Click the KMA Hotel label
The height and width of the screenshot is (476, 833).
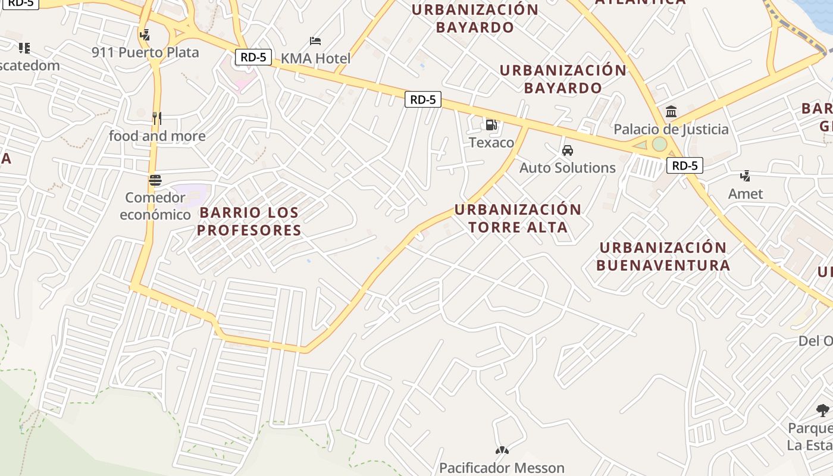coord(315,58)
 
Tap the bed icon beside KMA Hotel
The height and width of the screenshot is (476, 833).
coord(315,41)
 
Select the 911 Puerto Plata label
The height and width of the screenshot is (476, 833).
coord(145,52)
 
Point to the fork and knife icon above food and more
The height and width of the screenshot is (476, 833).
coord(157,118)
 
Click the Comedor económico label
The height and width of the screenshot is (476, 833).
coord(155,206)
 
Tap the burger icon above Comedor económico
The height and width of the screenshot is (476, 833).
coord(155,180)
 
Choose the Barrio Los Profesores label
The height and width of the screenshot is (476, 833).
coord(249,221)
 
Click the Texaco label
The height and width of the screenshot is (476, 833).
coord(491,142)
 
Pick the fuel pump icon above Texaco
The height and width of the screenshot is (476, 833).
coord(491,125)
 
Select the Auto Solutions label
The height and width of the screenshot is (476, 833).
coord(568,168)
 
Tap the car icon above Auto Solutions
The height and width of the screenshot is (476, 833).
coord(568,151)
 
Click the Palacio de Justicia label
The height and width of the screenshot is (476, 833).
coord(671,129)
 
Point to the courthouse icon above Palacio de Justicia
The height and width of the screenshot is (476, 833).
coord(672,111)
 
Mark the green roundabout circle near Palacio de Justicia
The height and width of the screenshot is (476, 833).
coord(659,144)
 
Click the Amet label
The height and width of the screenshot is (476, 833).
coord(746,194)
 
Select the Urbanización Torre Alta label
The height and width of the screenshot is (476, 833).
coord(518,218)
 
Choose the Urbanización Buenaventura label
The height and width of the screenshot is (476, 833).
coord(663,256)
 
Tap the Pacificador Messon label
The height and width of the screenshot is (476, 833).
coord(502,468)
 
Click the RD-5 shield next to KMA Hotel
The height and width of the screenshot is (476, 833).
coord(254,57)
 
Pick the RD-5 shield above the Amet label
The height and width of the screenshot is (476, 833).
coord(685,165)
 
